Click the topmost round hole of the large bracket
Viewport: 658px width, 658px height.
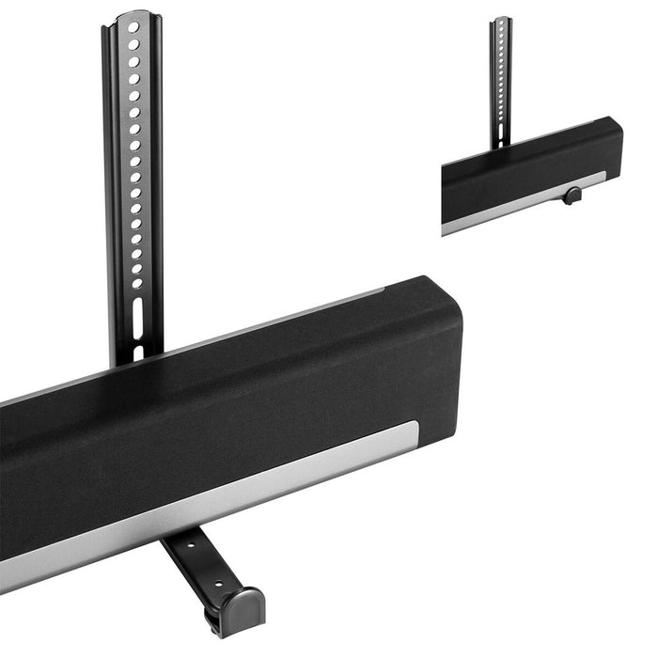[133, 27]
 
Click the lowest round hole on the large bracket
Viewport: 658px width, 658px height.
[137, 282]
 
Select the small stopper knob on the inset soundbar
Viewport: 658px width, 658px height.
[571, 196]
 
